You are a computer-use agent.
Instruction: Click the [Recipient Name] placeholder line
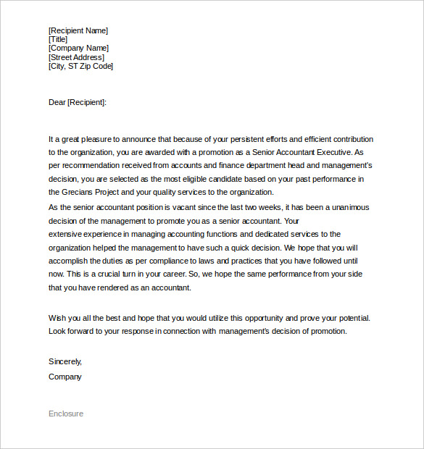78,30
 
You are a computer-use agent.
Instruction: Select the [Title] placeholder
58,40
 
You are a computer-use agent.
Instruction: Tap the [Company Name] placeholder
78,49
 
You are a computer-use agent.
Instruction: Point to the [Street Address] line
76,57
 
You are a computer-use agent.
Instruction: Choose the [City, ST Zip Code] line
80,66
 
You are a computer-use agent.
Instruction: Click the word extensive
65,234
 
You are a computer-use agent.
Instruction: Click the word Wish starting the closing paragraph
57,318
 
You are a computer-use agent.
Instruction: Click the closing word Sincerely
65,361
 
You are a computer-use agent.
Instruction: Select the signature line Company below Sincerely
65,377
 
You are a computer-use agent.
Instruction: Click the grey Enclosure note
66,414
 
